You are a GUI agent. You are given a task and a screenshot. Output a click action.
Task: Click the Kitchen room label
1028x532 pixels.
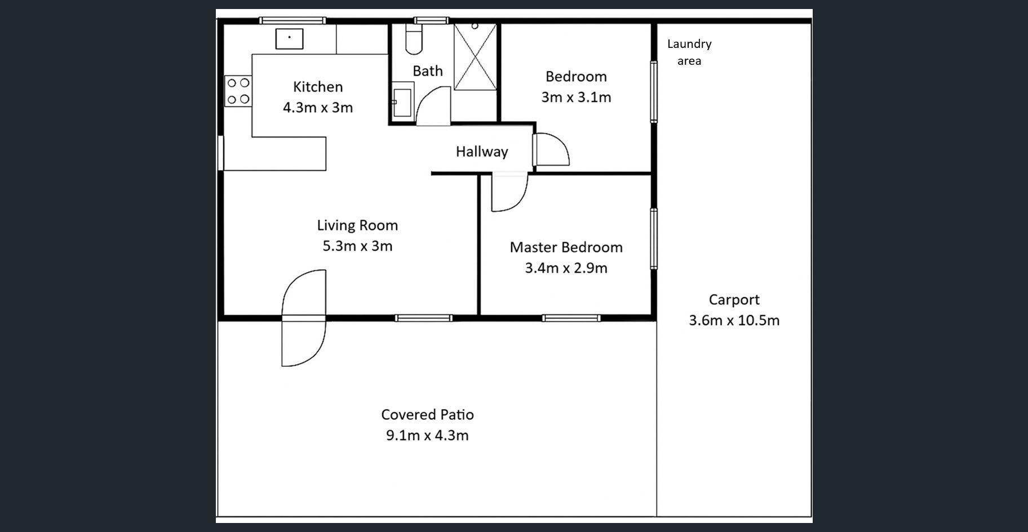click(x=318, y=87)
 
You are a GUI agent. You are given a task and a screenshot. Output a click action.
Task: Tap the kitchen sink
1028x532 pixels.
click(x=289, y=39)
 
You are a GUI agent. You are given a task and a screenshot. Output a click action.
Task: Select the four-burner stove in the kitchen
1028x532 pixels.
click(x=238, y=91)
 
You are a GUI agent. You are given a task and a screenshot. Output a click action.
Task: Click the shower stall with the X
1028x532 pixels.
click(x=475, y=56)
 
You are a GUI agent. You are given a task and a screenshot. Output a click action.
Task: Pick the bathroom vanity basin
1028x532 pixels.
click(x=402, y=102)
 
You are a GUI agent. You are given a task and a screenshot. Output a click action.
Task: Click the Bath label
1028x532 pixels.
click(x=428, y=71)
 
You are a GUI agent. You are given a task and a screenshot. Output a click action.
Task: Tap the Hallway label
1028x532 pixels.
click(x=482, y=152)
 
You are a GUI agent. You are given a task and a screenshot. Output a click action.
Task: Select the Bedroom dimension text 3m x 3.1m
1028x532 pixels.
click(x=576, y=97)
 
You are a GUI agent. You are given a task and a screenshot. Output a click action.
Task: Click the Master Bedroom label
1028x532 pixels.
click(x=566, y=247)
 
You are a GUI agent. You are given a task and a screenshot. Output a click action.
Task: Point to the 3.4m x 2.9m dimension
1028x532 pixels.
click(x=566, y=268)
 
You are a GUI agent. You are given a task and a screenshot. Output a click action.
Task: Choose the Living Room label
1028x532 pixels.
click(x=357, y=225)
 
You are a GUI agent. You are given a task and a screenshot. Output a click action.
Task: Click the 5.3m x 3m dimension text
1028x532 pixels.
click(x=357, y=246)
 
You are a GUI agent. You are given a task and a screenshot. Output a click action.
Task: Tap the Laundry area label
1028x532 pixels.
click(x=689, y=52)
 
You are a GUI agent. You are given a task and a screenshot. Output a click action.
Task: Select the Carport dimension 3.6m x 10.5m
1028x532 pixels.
click(x=734, y=321)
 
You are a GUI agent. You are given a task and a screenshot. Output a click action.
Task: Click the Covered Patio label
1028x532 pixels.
click(x=427, y=415)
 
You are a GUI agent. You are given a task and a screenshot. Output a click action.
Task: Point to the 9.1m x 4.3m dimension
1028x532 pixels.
click(x=427, y=436)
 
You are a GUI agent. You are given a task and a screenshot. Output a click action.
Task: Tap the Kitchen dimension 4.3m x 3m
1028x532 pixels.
click(x=318, y=108)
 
